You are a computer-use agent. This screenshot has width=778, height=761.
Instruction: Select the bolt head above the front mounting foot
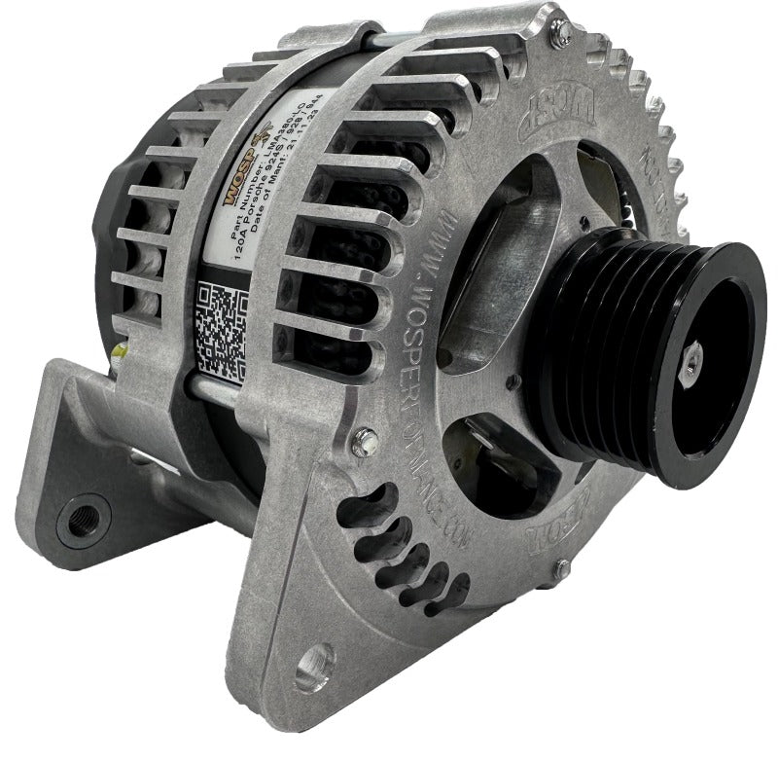[365, 440]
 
